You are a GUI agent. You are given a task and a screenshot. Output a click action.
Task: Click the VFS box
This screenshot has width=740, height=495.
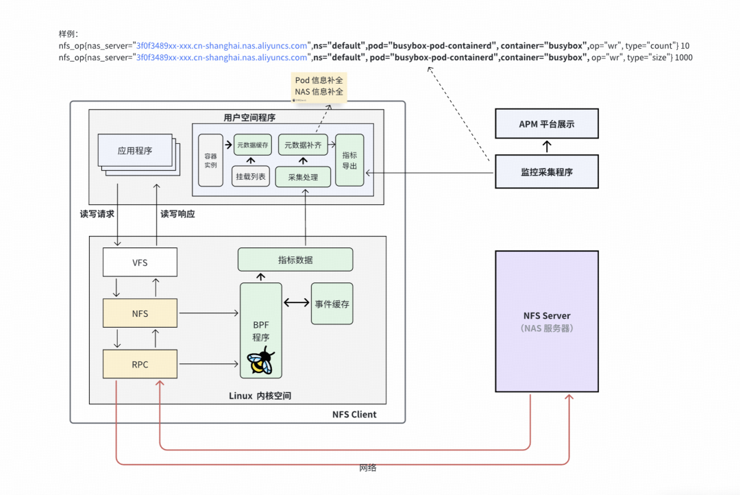pos(140,263)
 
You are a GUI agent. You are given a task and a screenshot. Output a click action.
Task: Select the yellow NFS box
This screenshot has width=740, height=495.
pos(140,313)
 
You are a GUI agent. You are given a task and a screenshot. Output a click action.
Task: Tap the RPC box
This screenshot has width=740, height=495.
pos(140,364)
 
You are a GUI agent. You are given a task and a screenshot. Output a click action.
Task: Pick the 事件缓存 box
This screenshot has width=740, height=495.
pos(332,303)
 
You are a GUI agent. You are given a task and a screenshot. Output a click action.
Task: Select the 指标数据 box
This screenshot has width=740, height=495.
pos(295,260)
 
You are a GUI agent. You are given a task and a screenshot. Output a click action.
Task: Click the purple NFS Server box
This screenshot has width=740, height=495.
pos(546,321)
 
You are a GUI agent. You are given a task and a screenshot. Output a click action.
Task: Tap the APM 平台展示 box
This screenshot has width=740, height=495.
pos(546,125)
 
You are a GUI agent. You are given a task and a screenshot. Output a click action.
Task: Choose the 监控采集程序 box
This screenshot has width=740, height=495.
pos(546,172)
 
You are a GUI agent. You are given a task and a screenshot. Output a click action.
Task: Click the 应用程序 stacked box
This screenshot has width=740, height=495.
pos(135,151)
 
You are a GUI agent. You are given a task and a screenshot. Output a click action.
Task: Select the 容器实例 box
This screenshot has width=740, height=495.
pos(211,160)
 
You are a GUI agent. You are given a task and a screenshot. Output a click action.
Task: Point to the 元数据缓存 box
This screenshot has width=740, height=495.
pos(253,145)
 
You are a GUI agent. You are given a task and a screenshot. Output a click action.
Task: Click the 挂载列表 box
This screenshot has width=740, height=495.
pos(250,176)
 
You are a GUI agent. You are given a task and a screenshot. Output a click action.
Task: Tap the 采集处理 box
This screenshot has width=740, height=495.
pos(303,176)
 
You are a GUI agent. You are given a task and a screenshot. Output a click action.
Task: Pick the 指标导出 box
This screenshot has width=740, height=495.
pos(349,160)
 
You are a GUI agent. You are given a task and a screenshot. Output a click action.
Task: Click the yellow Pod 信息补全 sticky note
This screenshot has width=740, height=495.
pos(319,86)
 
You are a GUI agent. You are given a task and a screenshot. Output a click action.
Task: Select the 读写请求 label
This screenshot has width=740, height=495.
pos(97,214)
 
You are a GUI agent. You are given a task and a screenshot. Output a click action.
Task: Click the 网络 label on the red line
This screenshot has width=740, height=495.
pos(368,468)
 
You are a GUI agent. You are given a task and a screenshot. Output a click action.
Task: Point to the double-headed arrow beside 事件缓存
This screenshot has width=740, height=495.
pos(296,302)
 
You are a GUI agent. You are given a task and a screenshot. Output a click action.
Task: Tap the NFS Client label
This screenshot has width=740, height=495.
pos(354,414)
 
